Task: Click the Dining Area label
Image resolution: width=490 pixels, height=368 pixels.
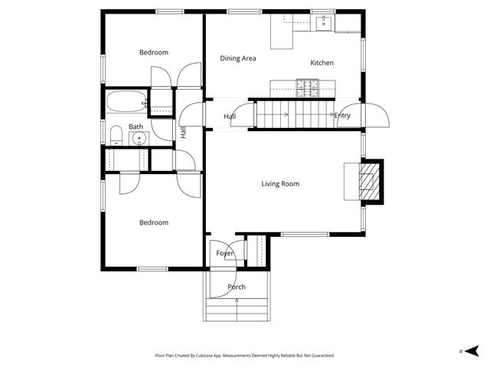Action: click(x=237, y=58)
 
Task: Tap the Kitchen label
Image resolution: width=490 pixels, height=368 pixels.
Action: click(x=322, y=63)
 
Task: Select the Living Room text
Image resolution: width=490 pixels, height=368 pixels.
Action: click(x=279, y=184)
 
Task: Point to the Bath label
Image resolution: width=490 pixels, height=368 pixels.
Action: click(x=136, y=127)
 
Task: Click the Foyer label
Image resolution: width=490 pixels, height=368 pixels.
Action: click(x=224, y=253)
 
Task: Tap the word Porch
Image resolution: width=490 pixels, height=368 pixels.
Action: click(x=237, y=287)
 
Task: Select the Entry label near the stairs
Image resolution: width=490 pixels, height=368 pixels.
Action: click(x=341, y=116)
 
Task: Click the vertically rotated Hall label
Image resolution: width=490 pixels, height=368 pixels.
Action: click(x=183, y=132)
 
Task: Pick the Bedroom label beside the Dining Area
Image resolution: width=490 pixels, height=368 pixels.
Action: click(x=153, y=53)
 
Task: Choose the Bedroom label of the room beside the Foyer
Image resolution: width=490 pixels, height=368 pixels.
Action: click(x=153, y=223)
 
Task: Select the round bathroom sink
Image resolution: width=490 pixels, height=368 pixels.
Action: click(x=139, y=139)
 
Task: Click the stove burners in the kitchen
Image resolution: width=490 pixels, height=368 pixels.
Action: click(x=307, y=88)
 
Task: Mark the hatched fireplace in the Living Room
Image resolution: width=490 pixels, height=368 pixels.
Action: click(x=370, y=182)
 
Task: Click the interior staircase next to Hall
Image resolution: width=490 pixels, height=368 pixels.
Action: click(x=291, y=115)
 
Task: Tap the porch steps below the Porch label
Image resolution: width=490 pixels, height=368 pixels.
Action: click(x=237, y=310)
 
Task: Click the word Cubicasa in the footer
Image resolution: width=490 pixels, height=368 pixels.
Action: click(x=221, y=356)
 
